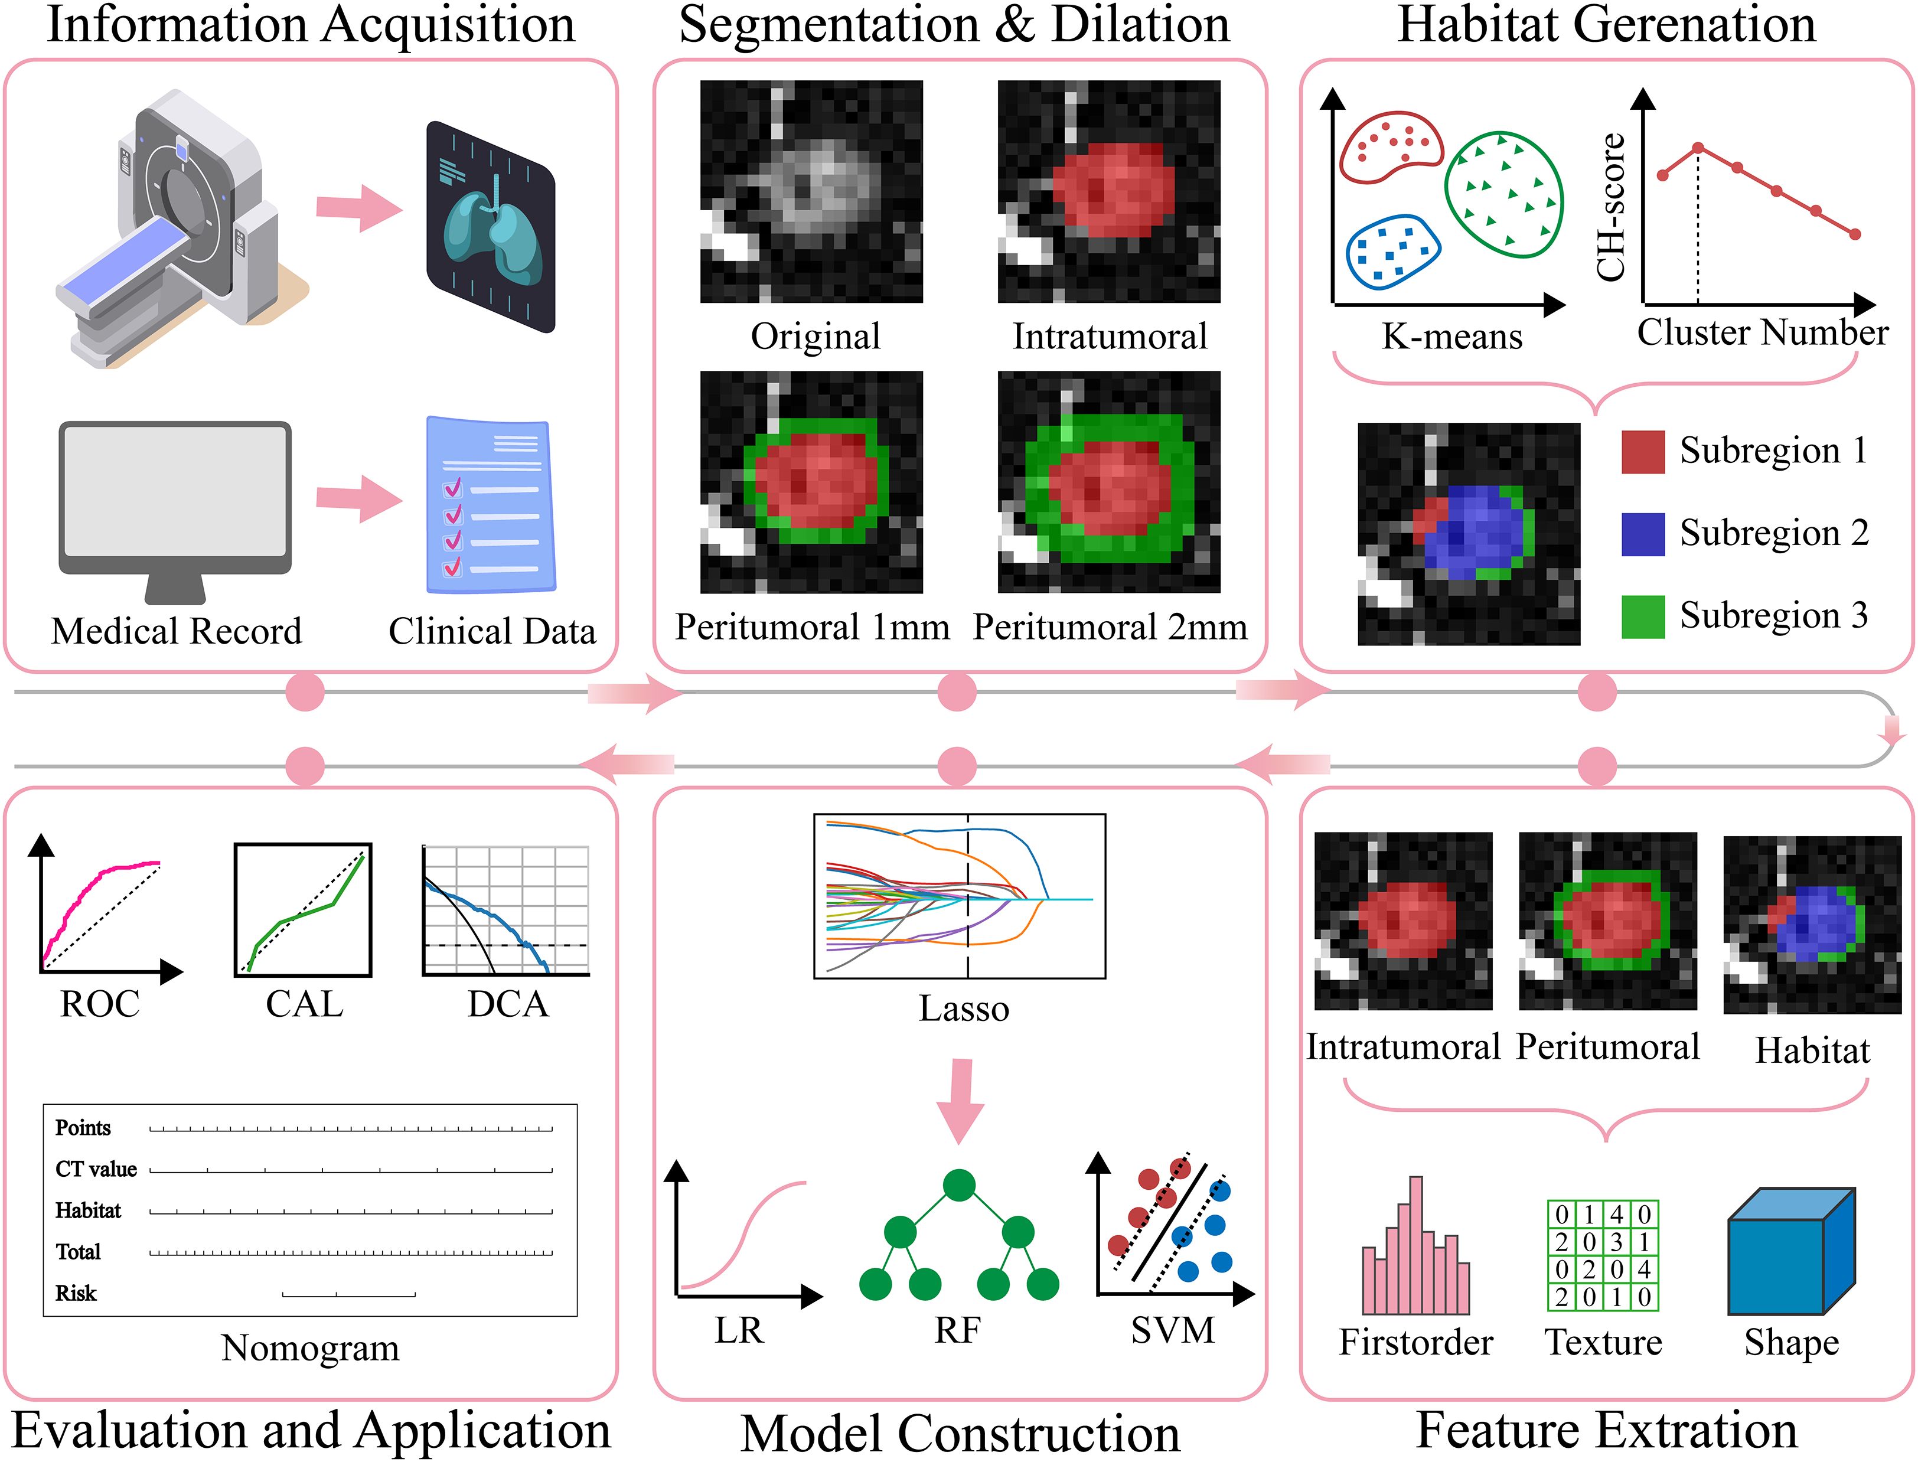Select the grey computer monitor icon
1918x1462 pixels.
click(x=175, y=505)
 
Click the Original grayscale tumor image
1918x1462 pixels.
click(x=811, y=191)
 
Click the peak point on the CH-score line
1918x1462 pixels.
click(x=1698, y=148)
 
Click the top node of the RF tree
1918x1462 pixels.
click(x=958, y=1185)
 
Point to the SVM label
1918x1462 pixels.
click(x=1172, y=1330)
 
